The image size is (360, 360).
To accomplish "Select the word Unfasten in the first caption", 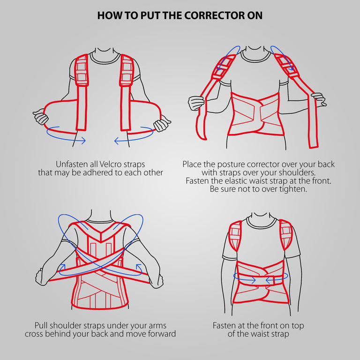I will (x=71, y=165).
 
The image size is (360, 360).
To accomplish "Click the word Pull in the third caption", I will (x=42, y=325).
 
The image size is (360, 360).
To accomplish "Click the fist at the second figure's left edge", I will (x=196, y=103).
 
